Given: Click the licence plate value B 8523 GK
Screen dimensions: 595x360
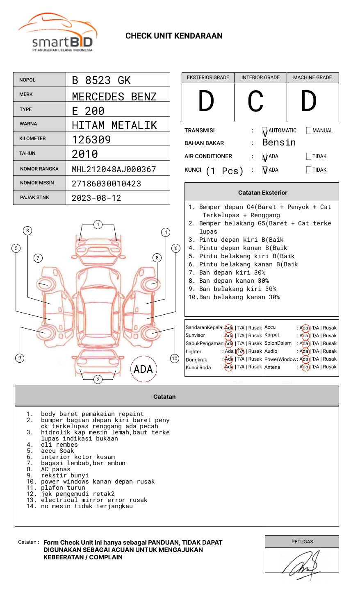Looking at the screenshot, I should click(101, 80).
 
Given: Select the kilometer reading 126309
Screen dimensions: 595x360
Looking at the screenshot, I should click(91, 140).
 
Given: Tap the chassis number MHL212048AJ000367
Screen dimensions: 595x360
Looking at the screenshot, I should click(114, 169).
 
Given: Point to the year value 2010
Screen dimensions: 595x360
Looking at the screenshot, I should click(85, 154).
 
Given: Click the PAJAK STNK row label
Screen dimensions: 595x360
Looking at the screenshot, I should click(34, 198).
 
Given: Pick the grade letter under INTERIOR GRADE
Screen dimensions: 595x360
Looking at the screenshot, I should click(255, 101).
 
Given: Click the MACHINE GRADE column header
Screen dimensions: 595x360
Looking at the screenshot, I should click(312, 77).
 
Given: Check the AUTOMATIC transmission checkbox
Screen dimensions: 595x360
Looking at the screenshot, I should click(265, 131).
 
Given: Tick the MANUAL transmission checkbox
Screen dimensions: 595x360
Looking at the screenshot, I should click(309, 131).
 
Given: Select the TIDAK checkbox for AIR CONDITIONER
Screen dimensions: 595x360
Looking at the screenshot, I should click(309, 157).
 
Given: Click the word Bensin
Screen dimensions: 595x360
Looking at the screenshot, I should click(279, 143).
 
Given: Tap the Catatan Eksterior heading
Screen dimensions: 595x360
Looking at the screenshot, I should click(262, 193).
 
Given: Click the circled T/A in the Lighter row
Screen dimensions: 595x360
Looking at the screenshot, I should click(240, 352).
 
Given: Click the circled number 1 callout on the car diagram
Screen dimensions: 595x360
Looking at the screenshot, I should click(98, 225).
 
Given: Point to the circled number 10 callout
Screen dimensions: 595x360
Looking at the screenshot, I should click(175, 359).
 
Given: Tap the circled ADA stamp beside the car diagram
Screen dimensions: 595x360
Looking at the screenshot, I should click(143, 369).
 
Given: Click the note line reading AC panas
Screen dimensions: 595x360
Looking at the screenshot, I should click(55, 469).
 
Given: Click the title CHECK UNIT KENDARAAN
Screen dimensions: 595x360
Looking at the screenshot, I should click(174, 36).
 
